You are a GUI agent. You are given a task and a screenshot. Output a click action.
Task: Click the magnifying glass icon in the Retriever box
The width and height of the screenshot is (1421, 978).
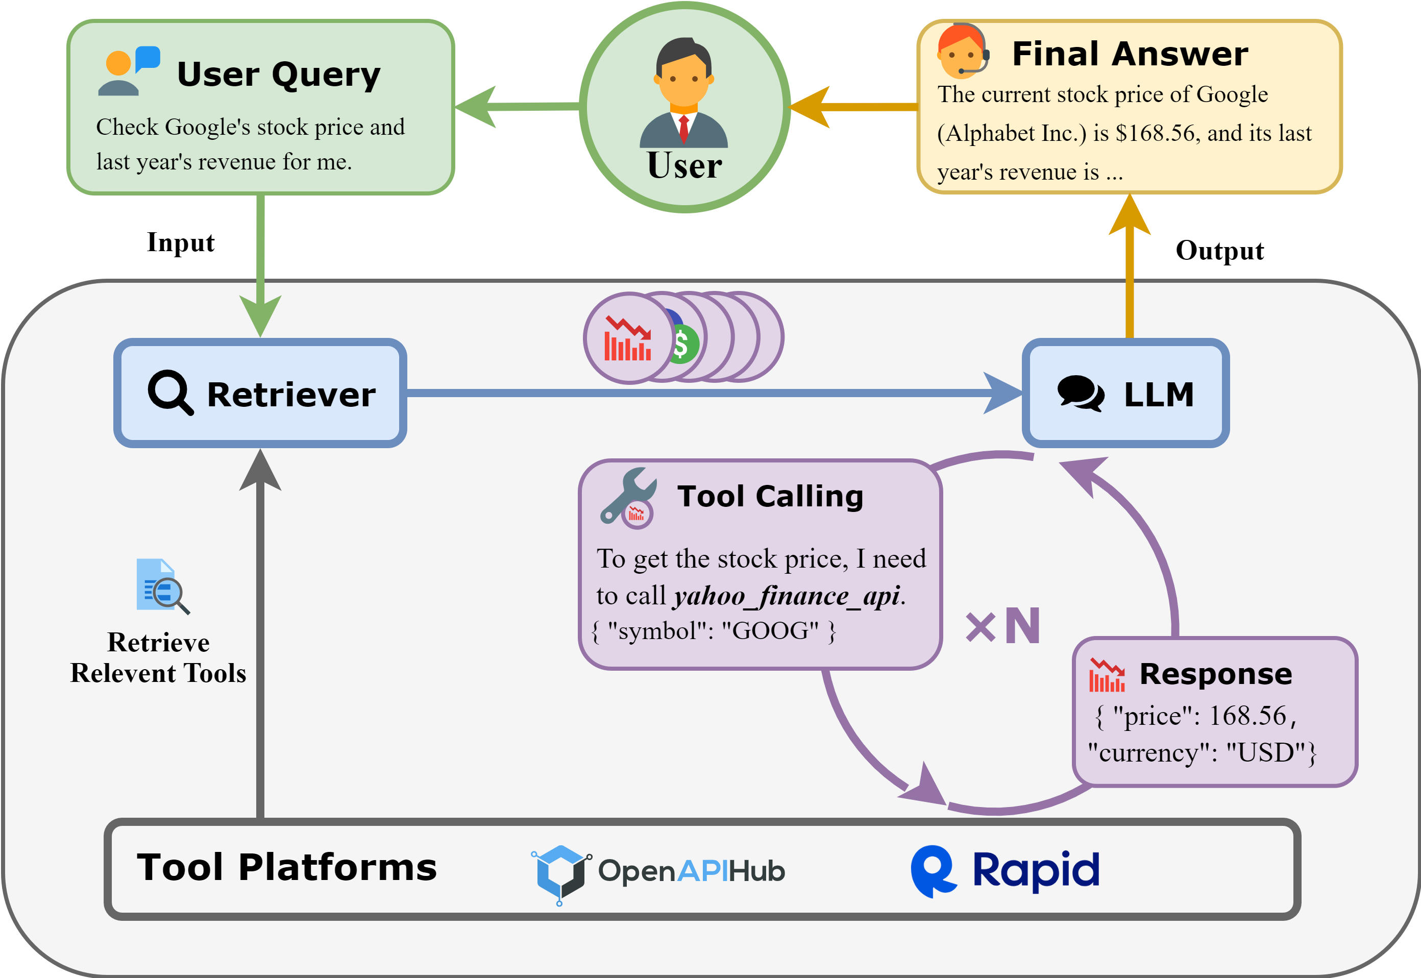170,392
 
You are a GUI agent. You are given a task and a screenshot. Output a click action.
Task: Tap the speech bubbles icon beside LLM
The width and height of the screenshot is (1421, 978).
1081,393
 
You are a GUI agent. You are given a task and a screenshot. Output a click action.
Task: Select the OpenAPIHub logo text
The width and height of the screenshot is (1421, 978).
691,871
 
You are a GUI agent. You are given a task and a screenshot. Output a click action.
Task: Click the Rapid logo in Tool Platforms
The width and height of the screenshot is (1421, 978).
1005,871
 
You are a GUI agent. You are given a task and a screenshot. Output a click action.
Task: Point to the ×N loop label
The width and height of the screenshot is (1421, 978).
1003,626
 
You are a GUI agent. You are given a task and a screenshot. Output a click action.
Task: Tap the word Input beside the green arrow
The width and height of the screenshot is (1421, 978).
181,242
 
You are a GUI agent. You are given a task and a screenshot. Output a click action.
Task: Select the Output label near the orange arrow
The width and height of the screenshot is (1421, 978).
1219,251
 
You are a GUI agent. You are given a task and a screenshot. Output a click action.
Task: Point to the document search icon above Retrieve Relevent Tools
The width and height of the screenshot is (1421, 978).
162,586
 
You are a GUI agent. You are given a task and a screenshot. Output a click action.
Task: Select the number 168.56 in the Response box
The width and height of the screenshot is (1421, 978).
1247,716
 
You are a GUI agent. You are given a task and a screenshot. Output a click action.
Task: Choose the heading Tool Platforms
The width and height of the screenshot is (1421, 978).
287,868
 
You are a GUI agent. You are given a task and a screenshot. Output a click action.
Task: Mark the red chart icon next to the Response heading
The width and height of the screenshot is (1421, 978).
1107,675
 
